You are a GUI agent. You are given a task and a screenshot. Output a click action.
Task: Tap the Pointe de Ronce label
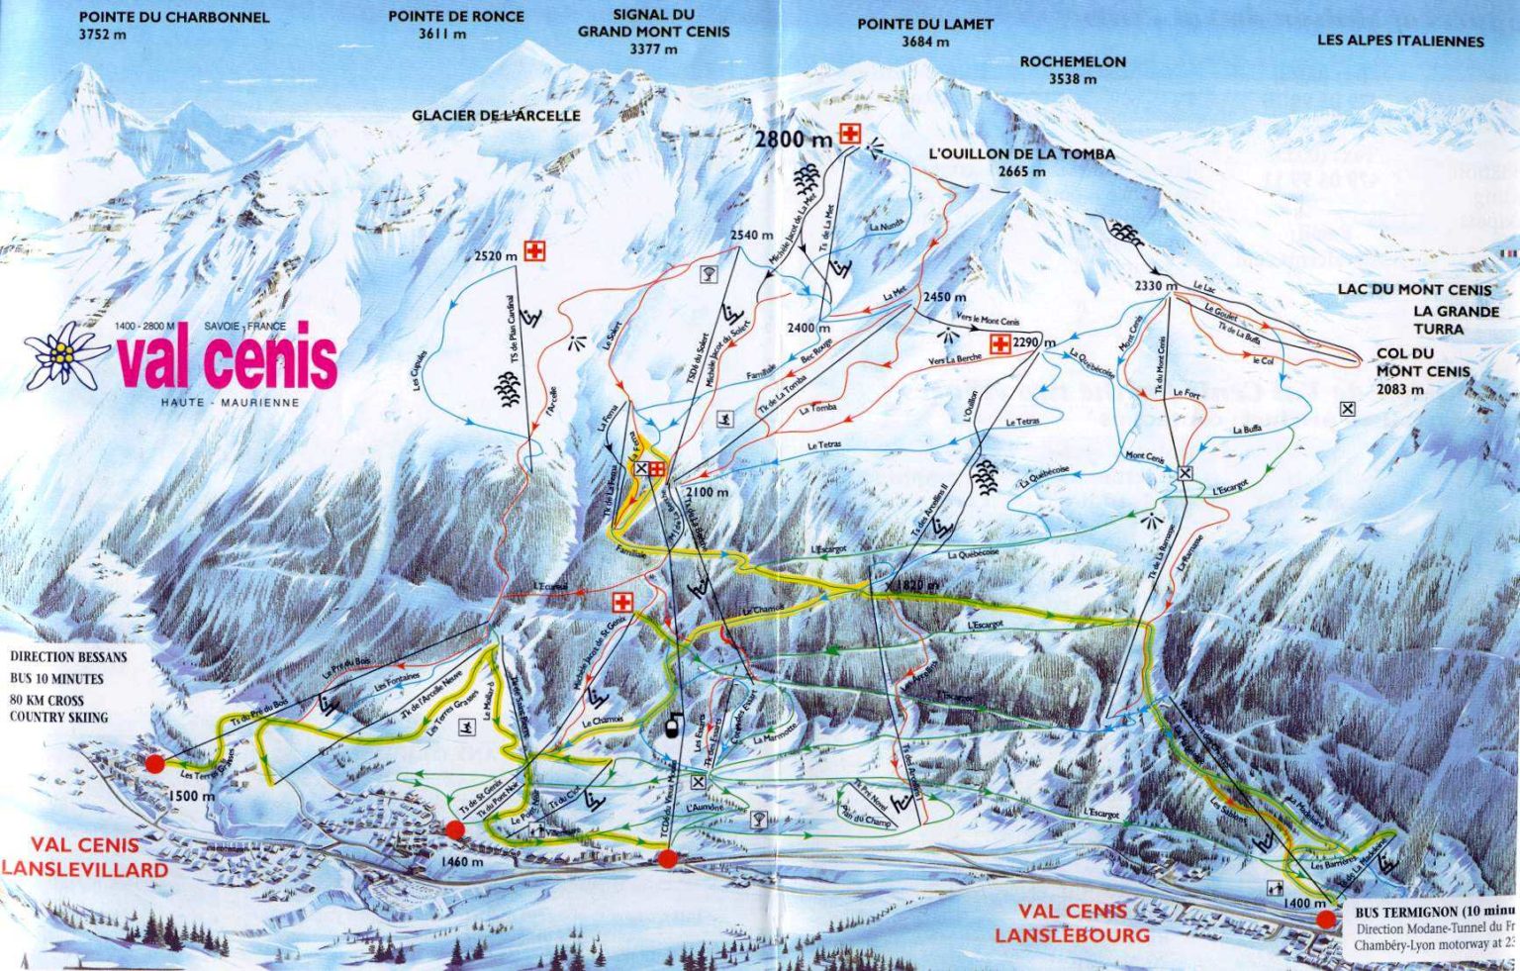coord(442,25)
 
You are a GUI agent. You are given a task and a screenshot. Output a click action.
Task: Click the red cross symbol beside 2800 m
coord(848,136)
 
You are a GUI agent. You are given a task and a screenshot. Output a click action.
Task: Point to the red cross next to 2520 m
coord(535,252)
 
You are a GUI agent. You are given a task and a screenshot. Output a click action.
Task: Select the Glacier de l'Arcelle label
coord(496,116)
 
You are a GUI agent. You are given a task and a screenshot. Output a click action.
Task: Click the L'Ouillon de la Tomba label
coord(1021,162)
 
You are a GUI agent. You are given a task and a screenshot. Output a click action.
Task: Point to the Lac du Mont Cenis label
coord(1414,289)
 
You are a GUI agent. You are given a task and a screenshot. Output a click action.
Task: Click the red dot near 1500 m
coord(154,763)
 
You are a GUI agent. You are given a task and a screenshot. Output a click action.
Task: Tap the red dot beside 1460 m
coord(455,830)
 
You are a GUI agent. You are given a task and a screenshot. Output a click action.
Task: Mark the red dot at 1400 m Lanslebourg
coord(1325,920)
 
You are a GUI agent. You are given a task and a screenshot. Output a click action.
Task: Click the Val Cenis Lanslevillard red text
coord(85,857)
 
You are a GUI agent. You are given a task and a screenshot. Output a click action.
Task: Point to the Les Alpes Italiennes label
coord(1400,42)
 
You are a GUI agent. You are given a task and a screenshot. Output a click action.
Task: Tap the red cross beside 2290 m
coord(1000,343)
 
